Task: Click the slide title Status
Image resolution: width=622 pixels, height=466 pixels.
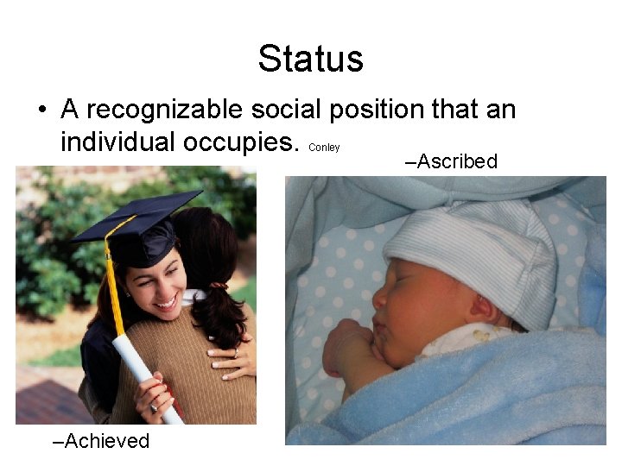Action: [x=310, y=60]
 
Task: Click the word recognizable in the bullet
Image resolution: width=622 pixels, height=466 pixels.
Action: [x=164, y=110]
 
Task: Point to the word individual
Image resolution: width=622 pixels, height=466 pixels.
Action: [x=121, y=141]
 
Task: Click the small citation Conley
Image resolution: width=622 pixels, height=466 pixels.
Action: [x=324, y=148]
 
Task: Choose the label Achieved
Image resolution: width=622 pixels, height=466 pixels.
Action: [x=101, y=441]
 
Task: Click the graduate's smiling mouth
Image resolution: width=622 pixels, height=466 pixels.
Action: [x=164, y=302]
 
